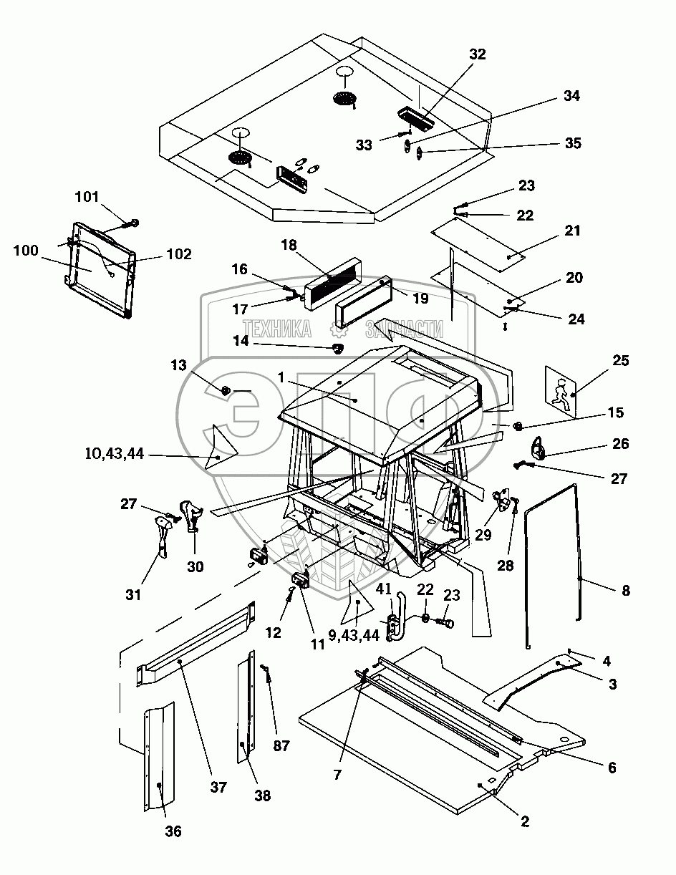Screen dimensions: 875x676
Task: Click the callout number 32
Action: (x=478, y=54)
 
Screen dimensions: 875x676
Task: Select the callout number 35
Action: (x=573, y=143)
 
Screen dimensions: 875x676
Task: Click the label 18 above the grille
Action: (x=289, y=245)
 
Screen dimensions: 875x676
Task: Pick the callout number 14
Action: (x=241, y=342)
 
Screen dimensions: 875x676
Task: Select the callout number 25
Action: (x=620, y=361)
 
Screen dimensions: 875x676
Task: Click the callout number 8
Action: (x=625, y=591)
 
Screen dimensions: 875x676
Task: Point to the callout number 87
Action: (x=281, y=745)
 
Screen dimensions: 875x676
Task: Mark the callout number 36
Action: (x=173, y=831)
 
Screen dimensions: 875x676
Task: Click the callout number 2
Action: (x=525, y=822)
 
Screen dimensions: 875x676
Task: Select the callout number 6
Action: (x=611, y=768)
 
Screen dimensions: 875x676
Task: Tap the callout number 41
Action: (x=384, y=590)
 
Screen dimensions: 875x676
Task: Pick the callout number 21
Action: (x=572, y=231)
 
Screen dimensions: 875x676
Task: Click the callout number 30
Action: (x=195, y=567)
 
